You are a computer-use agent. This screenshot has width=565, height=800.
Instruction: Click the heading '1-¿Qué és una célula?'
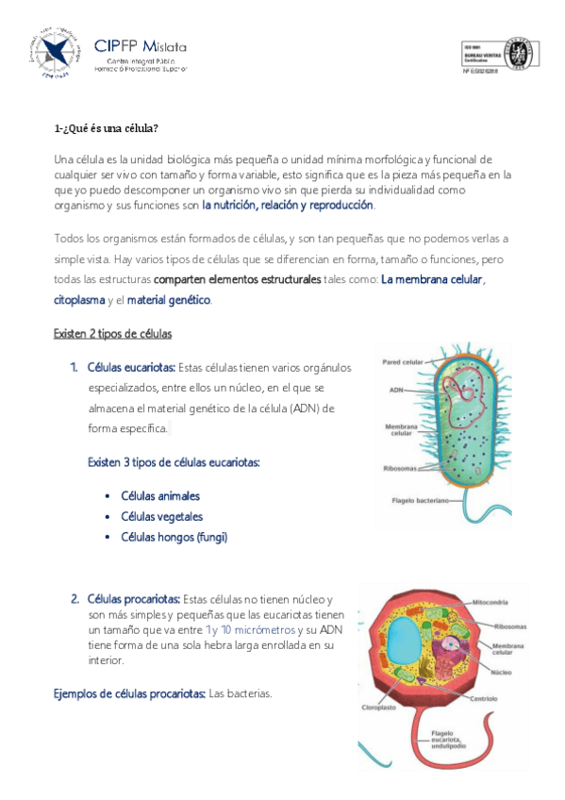[106, 128]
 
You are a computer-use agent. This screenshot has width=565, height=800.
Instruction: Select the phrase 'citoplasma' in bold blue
[79, 300]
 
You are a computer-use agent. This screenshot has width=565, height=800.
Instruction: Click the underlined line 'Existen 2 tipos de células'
[112, 334]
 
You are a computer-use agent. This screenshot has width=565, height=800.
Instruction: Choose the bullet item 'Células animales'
[160, 496]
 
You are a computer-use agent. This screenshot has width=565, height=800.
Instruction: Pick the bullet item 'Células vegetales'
[162, 517]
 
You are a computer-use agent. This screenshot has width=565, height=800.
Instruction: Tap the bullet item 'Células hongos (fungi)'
[174, 537]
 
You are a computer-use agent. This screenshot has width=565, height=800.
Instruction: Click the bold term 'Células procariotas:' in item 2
[133, 599]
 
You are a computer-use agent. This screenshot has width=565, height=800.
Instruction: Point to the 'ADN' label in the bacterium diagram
[396, 389]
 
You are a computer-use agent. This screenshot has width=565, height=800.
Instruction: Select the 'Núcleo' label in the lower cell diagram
[501, 673]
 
